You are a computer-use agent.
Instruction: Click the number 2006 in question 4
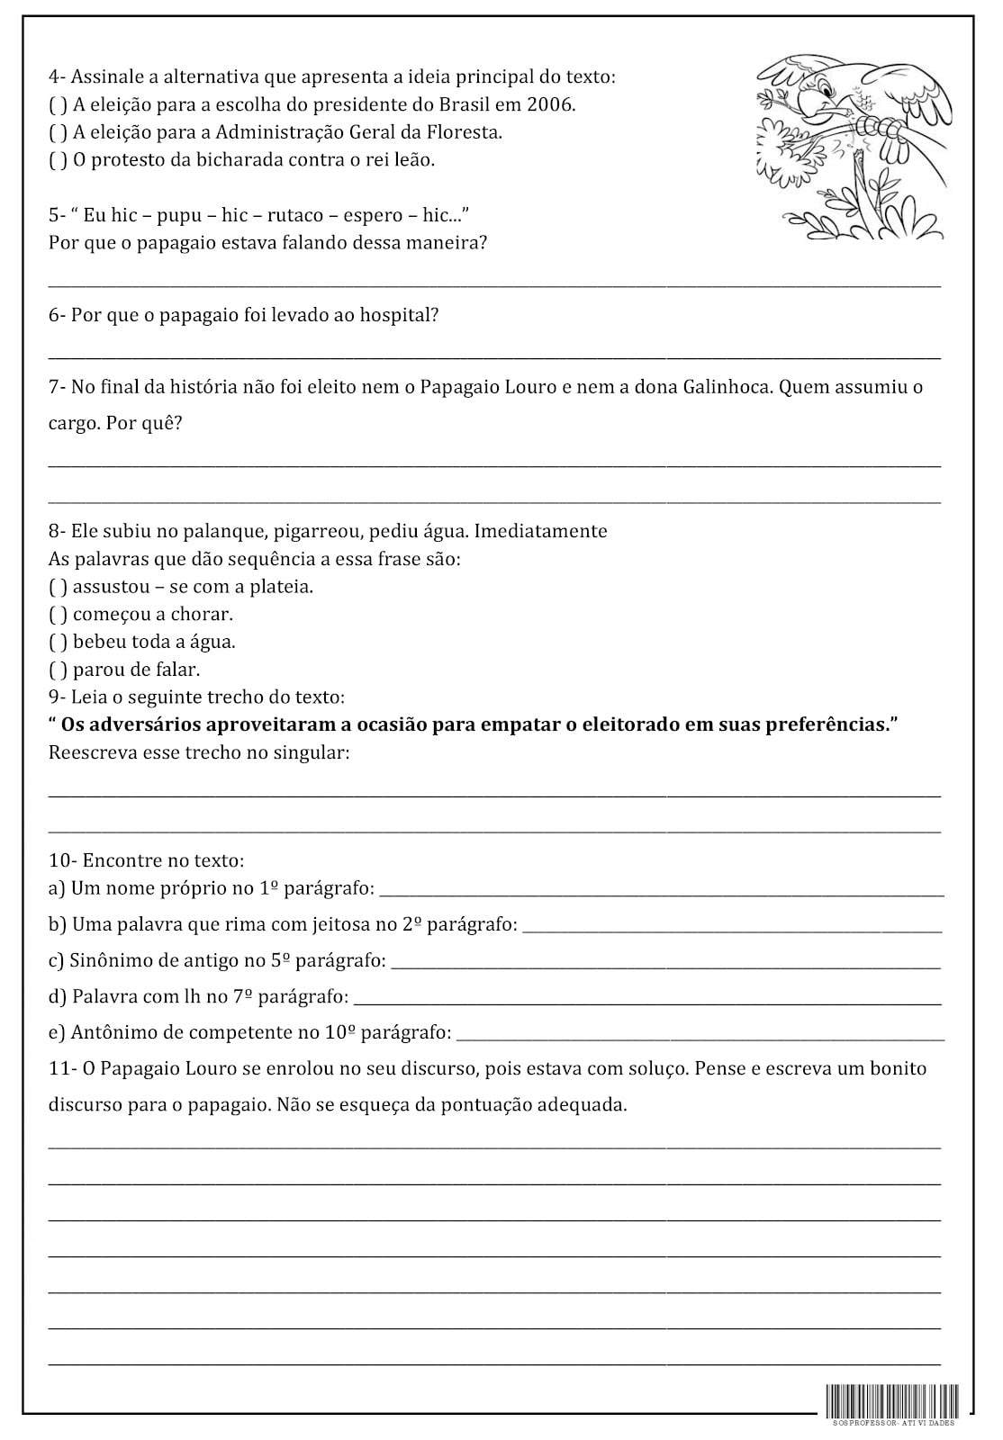(x=550, y=104)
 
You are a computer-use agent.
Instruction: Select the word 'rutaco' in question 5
(x=294, y=216)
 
